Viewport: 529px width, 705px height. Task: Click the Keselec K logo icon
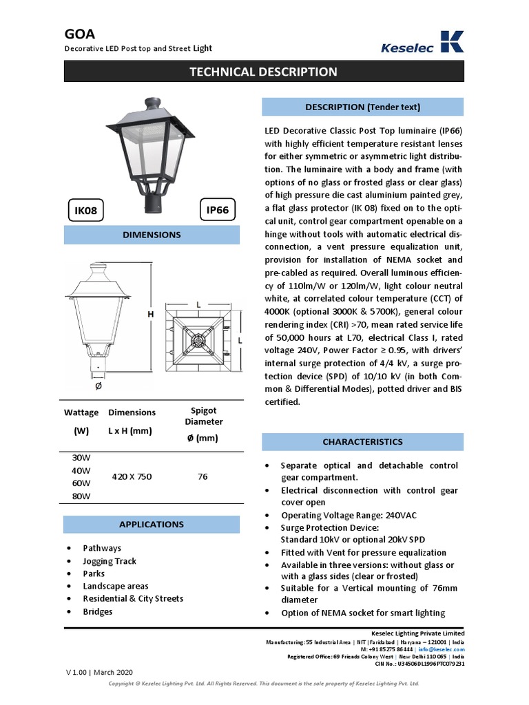451,41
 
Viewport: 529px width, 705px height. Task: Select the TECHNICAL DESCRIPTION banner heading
264,72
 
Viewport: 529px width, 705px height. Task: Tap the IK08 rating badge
85,211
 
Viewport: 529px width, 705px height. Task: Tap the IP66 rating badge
217,211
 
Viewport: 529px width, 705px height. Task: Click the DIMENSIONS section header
152,235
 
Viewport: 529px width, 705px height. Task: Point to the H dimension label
149,314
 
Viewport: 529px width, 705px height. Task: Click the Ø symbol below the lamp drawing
98,386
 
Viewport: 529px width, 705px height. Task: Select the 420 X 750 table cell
132,476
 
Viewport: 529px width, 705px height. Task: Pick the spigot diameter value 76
203,476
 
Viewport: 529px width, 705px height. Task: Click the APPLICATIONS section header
152,525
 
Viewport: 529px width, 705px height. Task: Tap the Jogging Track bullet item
110,561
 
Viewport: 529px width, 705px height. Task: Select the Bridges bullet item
98,611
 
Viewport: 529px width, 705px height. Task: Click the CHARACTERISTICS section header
362,442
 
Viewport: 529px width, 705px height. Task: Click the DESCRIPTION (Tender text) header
362,107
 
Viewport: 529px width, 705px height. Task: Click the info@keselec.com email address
442,649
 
